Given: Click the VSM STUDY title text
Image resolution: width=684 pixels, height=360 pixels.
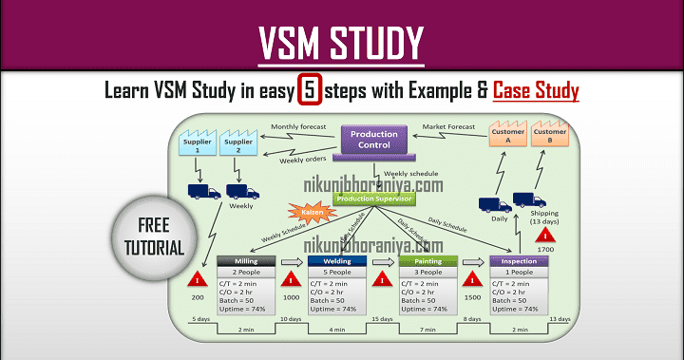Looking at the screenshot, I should [342, 43].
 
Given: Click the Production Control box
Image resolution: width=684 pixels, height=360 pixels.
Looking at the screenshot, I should [373, 141].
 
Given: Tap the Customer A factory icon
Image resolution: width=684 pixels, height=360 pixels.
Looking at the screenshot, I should [509, 134].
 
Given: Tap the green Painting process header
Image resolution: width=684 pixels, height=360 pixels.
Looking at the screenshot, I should [427, 261].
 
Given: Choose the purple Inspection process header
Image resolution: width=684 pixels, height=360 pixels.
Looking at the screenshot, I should [519, 261].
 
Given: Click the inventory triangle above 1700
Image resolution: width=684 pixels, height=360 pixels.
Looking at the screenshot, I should [546, 235].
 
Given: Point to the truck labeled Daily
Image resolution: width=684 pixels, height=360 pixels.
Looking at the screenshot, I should [494, 204].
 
